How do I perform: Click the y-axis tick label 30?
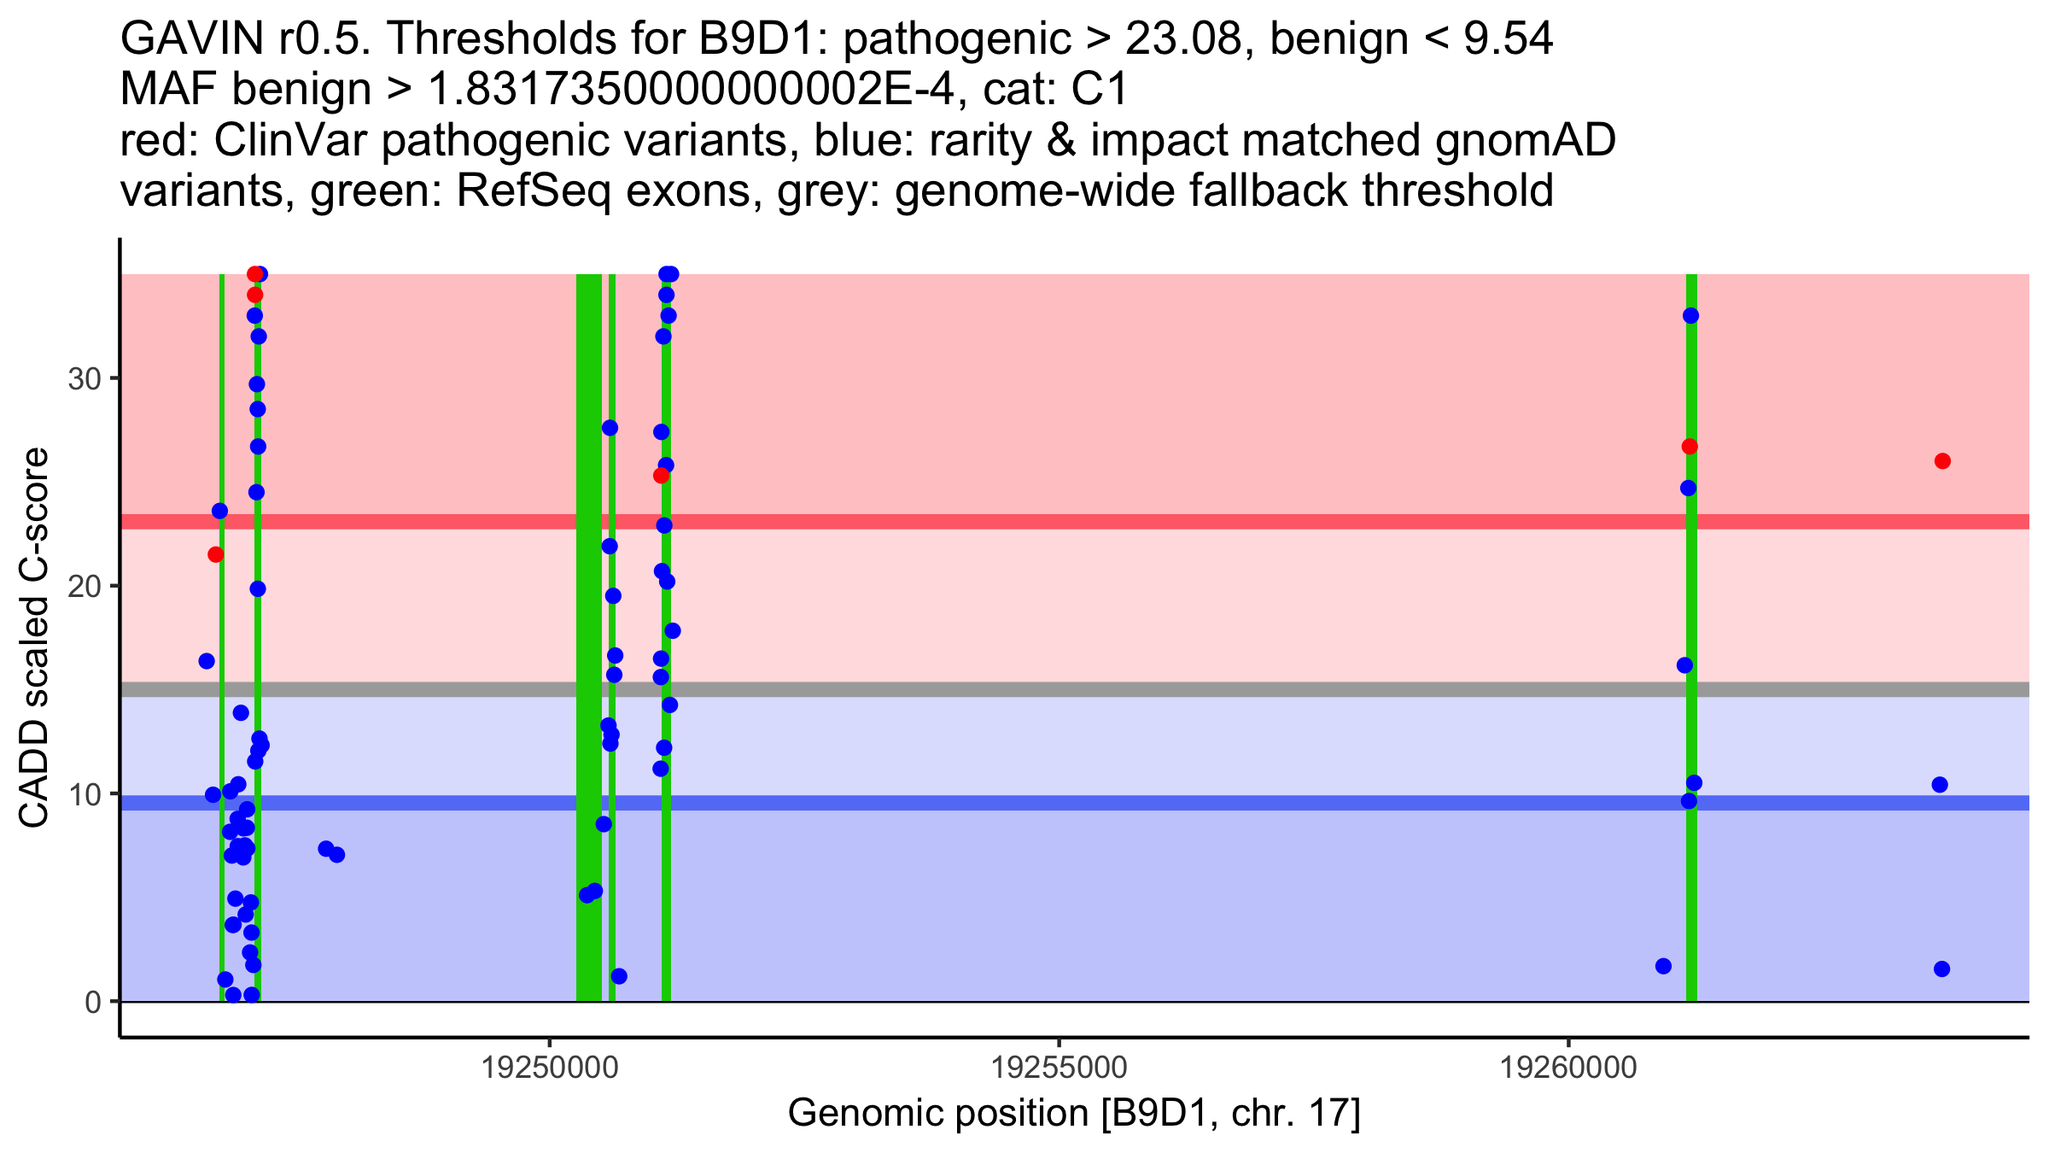pyautogui.click(x=84, y=378)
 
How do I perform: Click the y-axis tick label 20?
pyautogui.click(x=84, y=587)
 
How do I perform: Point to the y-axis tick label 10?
pyautogui.click(x=84, y=794)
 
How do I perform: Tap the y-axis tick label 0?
pyautogui.click(x=92, y=1002)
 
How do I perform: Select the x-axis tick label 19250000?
pyautogui.click(x=550, y=1068)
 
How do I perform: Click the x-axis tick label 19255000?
pyautogui.click(x=1059, y=1068)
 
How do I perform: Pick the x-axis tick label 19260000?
pyautogui.click(x=1568, y=1068)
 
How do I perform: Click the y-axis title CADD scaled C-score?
pyautogui.click(x=34, y=638)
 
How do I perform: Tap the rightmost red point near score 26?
pyautogui.click(x=1942, y=461)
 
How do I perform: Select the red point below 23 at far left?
pyautogui.click(x=216, y=554)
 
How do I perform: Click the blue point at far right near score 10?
pyautogui.click(x=1940, y=785)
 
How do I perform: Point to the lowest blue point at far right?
pyautogui.click(x=1941, y=969)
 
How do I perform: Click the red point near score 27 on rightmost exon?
pyautogui.click(x=1690, y=447)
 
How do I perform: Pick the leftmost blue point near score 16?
pyautogui.click(x=207, y=661)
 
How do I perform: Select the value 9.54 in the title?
pyautogui.click(x=1508, y=39)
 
